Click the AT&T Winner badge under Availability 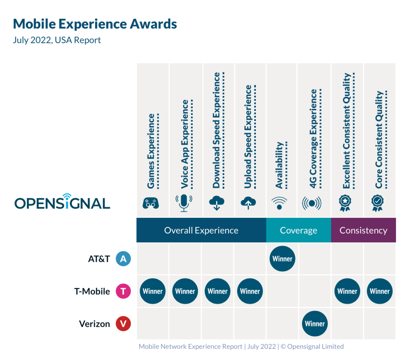[x=282, y=259]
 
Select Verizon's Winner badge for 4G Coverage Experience [x=315, y=324]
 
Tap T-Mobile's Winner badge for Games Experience [x=152, y=291]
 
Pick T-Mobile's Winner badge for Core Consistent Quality [x=380, y=291]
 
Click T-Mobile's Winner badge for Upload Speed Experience [x=250, y=291]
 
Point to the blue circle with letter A [x=123, y=259]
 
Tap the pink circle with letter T [x=123, y=291]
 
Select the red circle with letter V [x=123, y=324]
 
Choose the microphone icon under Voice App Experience [x=184, y=202]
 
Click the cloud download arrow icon [x=216, y=203]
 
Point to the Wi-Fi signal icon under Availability [x=279, y=203]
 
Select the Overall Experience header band [x=201, y=230]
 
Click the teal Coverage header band [x=298, y=230]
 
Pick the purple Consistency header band [x=363, y=230]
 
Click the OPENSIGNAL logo [x=62, y=202]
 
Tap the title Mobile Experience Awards [x=95, y=24]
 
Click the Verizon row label [x=94, y=324]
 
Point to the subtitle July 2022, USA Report [x=57, y=40]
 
